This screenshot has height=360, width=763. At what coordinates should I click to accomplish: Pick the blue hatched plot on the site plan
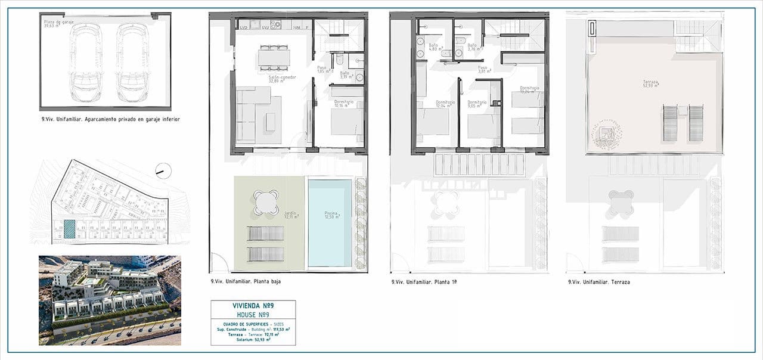click(x=70, y=229)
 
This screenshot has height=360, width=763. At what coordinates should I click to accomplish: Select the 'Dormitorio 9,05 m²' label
click(x=477, y=104)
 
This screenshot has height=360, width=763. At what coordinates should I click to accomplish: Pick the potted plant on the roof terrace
click(x=607, y=134)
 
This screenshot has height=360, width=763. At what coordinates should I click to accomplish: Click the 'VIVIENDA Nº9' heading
click(x=253, y=305)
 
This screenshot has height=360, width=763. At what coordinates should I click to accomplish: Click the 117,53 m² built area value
click(x=279, y=328)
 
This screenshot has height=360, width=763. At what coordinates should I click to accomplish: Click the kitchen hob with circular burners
click(x=275, y=24)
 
